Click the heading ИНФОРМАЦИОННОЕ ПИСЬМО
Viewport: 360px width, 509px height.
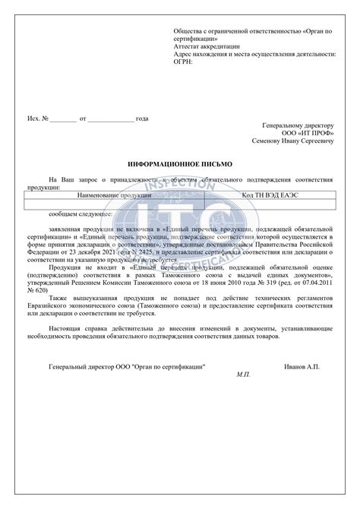[x=179, y=163]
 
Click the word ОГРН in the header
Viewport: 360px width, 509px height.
[x=183, y=62]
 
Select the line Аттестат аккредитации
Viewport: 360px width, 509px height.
[x=207, y=46]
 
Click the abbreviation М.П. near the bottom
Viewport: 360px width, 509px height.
[x=243, y=375]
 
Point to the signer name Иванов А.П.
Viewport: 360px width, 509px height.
[x=302, y=366]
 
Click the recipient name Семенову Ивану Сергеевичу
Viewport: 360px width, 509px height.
[x=292, y=141]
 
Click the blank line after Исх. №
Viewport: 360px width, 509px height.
[x=65, y=119]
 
